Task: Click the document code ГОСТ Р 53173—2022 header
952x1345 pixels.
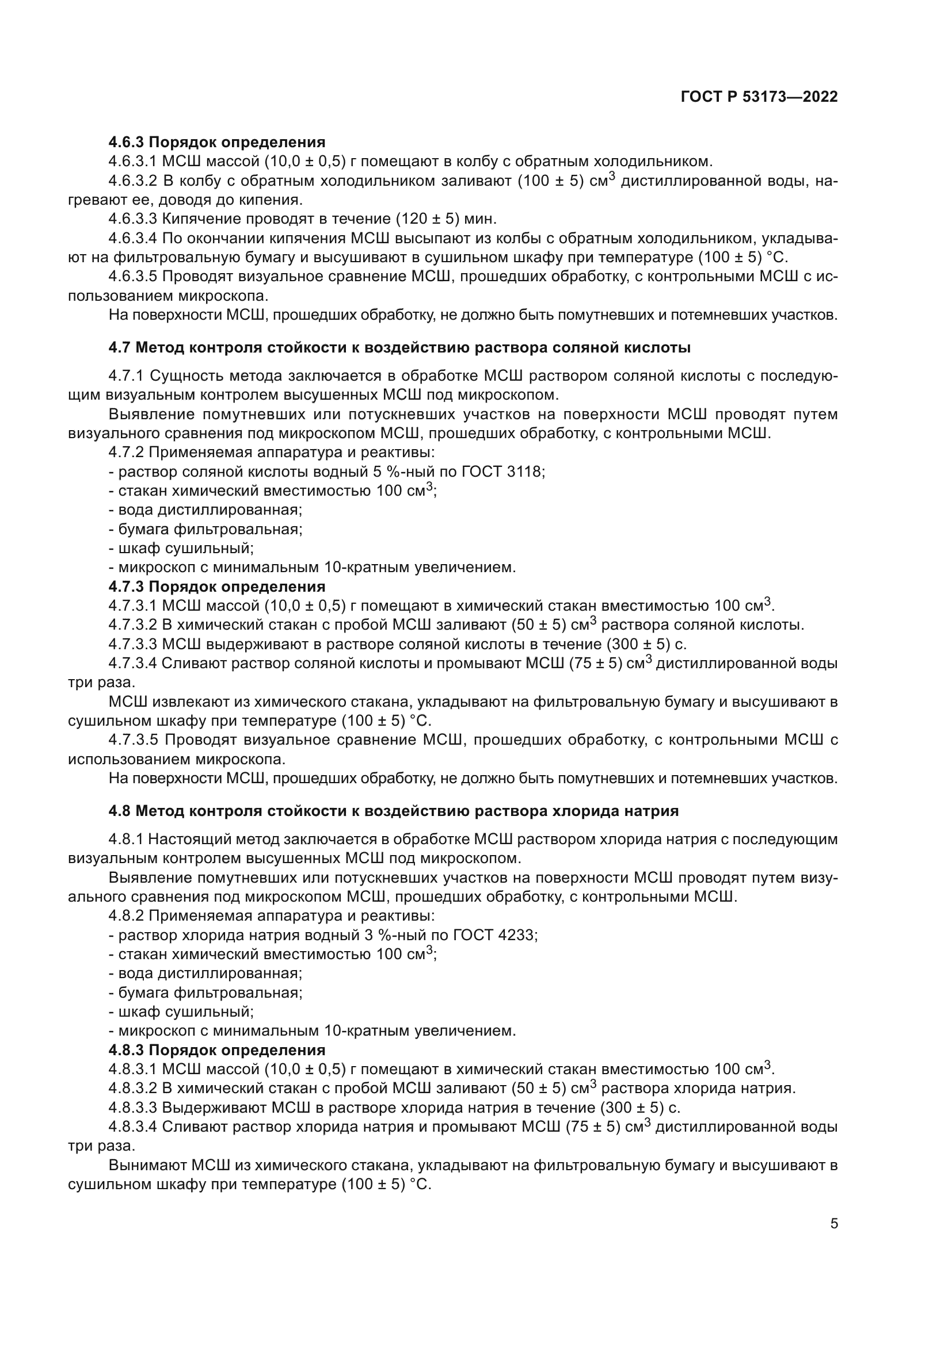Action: [759, 97]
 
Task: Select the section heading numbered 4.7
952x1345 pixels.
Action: [399, 347]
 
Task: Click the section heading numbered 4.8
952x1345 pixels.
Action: [393, 811]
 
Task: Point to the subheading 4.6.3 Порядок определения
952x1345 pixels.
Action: [217, 142]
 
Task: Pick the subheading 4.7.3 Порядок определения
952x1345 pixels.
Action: [217, 587]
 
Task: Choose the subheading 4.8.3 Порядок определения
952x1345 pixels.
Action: [217, 1050]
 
